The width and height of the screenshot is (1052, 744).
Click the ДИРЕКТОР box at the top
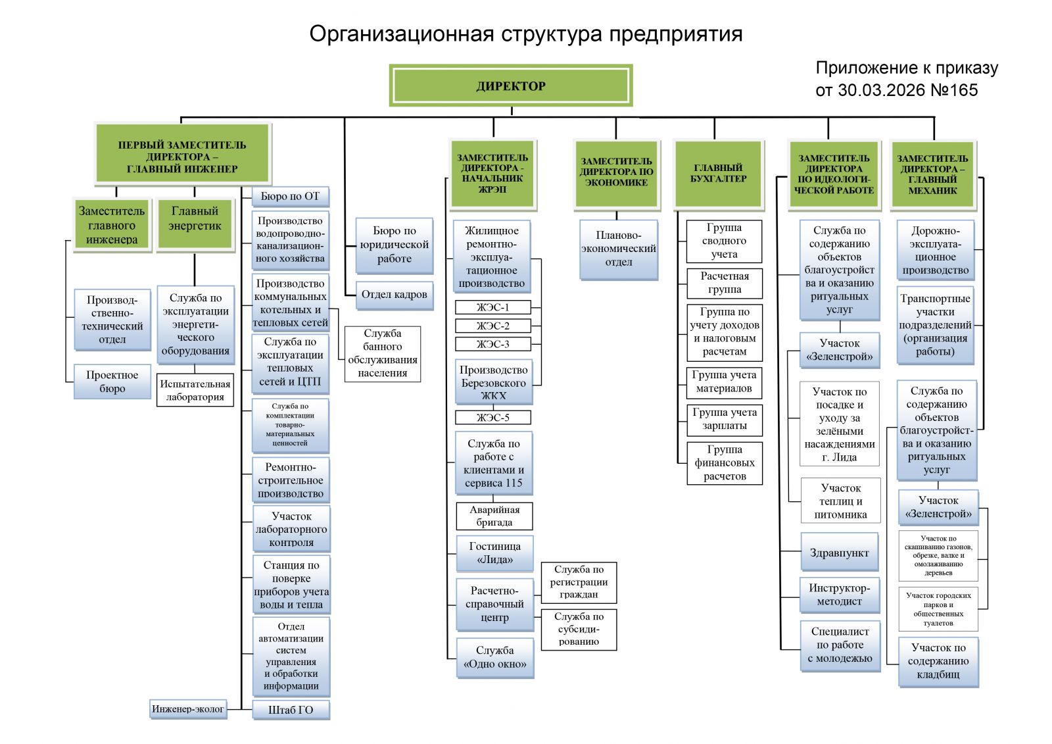[511, 86]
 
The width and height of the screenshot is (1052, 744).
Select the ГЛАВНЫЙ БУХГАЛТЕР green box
[718, 174]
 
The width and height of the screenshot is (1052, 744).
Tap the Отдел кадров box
[394, 294]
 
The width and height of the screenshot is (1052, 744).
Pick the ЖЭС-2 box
[493, 326]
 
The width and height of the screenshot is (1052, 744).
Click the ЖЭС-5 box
[493, 417]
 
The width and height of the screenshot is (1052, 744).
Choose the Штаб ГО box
[291, 710]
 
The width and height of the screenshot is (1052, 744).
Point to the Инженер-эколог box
[188, 709]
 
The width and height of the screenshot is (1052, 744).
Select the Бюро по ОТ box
[290, 196]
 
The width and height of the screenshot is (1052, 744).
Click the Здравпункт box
[840, 553]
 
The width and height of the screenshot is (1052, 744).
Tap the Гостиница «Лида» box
[494, 553]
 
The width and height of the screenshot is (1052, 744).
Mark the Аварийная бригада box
[494, 516]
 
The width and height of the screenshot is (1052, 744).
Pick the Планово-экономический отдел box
[618, 249]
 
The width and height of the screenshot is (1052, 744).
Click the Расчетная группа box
[724, 283]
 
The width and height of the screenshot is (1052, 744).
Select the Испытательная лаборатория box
[195, 390]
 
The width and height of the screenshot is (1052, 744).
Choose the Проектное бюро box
[112, 382]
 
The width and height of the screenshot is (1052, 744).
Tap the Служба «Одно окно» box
[495, 657]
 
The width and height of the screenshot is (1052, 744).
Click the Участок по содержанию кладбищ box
[938, 661]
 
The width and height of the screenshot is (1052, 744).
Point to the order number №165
[955, 90]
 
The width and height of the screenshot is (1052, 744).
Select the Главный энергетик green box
[195, 225]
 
